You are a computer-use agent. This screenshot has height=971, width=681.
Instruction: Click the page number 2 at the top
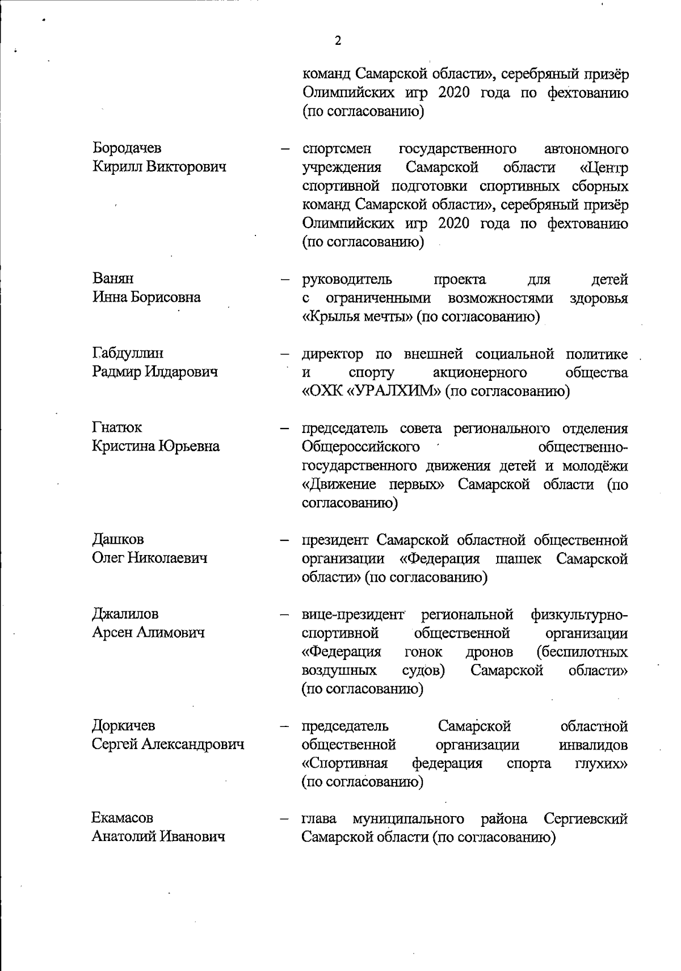coord(338,41)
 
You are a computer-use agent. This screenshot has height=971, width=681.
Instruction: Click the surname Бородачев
coord(127,148)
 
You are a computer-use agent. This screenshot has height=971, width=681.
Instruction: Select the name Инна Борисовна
coord(146,297)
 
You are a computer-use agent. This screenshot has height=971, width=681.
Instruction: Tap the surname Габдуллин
coord(128,353)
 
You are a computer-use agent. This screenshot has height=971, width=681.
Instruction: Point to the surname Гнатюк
coord(117,427)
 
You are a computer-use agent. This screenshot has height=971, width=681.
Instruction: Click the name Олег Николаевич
coord(150,558)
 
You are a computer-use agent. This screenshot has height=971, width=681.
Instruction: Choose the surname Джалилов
coord(125,614)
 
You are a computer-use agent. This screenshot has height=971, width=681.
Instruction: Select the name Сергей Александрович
coord(168,744)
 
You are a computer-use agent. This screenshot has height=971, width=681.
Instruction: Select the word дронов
coord(489,651)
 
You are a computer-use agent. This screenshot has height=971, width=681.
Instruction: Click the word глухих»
coord(601,763)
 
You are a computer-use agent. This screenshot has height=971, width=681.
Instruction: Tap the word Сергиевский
coord(585,819)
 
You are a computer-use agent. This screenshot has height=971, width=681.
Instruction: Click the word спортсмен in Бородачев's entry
coord(337,149)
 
